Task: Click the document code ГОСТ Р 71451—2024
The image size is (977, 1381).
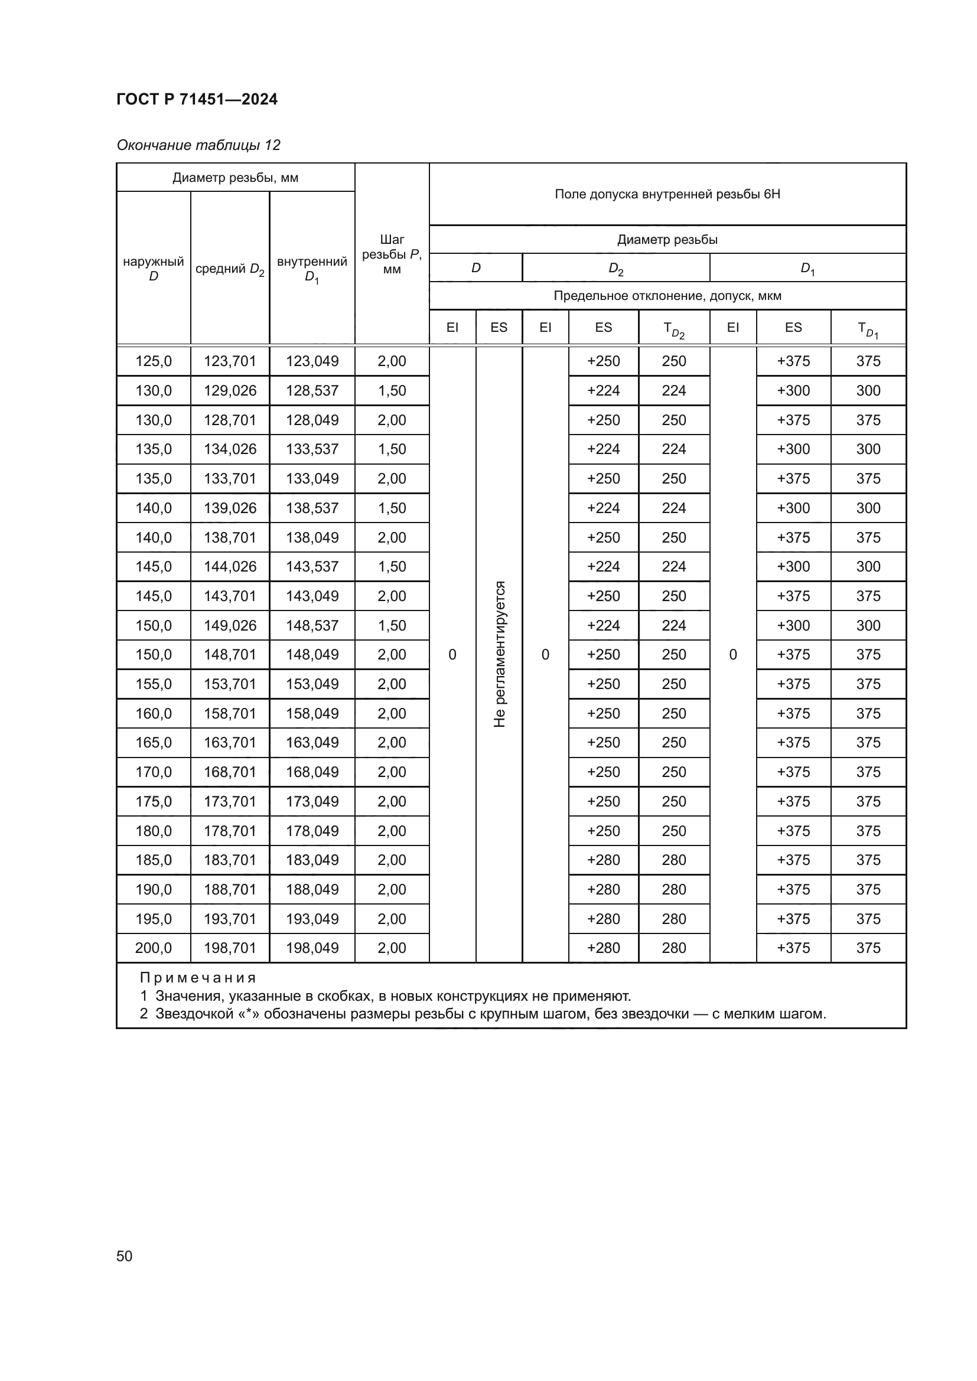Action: coord(197,99)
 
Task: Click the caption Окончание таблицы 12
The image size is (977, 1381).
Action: coord(198,145)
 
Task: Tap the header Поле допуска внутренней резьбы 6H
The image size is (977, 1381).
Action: coord(667,194)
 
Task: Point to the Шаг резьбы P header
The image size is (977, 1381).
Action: coord(392,254)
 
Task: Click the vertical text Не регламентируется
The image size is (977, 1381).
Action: coord(499,654)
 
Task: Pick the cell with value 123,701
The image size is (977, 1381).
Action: coord(230,361)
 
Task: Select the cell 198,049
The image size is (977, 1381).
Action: coord(312,948)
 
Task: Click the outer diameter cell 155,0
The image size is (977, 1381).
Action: coord(154,684)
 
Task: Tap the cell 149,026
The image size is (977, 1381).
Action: coord(230,625)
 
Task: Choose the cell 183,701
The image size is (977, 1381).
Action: coord(230,860)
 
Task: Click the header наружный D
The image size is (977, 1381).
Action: coord(154,268)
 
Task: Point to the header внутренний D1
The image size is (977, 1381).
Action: coord(312,268)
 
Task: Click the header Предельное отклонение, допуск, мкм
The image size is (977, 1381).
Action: coord(667,296)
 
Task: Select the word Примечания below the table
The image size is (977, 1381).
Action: coord(198,978)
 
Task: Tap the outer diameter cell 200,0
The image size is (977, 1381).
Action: coord(154,948)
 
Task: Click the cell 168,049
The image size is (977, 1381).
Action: coord(312,772)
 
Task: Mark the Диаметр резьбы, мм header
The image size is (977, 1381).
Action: coord(235,178)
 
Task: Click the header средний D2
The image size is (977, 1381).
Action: coord(230,269)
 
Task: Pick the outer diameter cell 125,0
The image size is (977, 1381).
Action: coord(154,361)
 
